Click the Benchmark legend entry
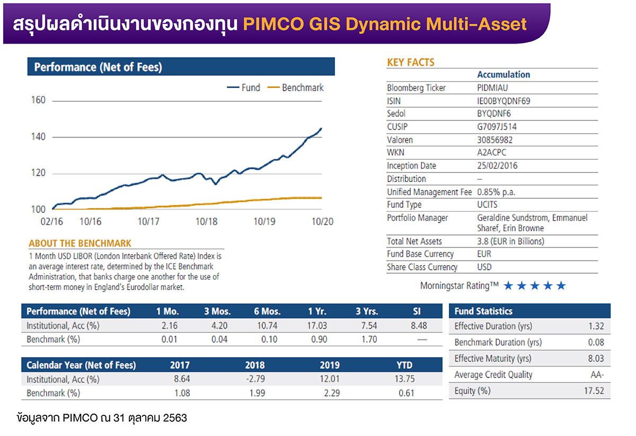[296, 88]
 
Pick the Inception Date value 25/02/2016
[497, 165]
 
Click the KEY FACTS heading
[410, 63]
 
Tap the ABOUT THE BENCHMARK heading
[80, 243]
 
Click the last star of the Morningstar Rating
[561, 286]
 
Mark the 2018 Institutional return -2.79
[254, 379]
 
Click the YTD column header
[404, 365]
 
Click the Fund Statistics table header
[483, 311]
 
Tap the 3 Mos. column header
[217, 311]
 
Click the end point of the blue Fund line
[321, 128]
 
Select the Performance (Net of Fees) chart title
[98, 67]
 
